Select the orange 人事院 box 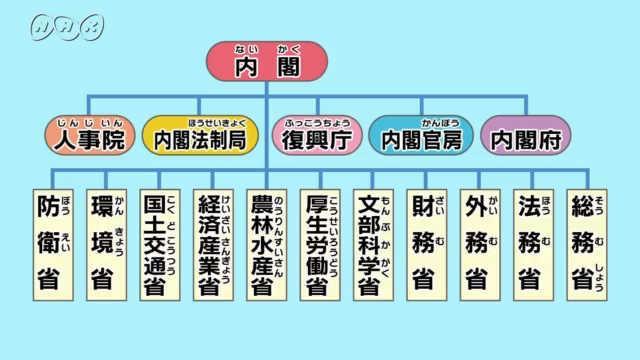point(91,137)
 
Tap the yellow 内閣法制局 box point(200,137)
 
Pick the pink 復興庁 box point(313,137)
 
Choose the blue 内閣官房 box point(420,137)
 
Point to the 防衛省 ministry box point(54,243)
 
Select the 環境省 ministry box point(107,243)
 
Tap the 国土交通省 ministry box point(161,243)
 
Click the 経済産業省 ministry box point(214,243)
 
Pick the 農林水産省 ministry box point(267,243)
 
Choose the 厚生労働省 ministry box point(321,243)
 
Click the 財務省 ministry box point(428,243)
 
